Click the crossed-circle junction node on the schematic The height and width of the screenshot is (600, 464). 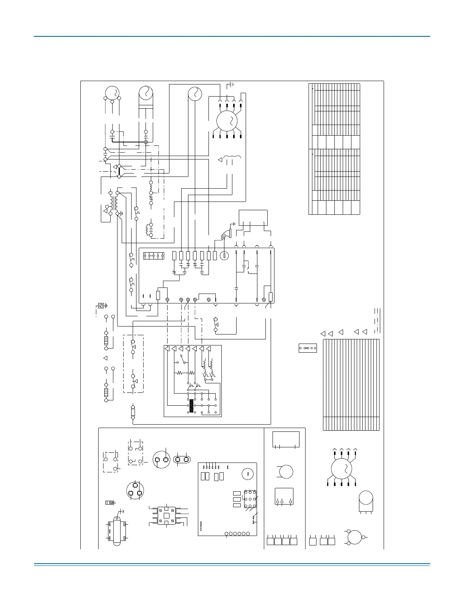[x=146, y=142]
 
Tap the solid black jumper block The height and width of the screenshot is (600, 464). [x=191, y=405]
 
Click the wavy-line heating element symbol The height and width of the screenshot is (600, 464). [x=231, y=159]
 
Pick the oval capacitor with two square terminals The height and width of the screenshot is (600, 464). [x=182, y=459]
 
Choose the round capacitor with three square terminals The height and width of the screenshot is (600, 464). [x=135, y=490]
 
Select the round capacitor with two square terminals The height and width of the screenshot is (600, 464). [x=161, y=459]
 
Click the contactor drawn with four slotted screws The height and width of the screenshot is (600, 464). [x=166, y=516]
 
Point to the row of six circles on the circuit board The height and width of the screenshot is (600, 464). [x=237, y=534]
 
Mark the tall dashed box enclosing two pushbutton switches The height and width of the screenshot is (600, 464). [x=133, y=364]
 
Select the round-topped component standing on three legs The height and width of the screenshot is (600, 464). [x=366, y=501]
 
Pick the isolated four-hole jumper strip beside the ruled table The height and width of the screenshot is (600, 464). [x=307, y=348]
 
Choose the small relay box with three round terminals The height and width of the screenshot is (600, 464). [x=284, y=496]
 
